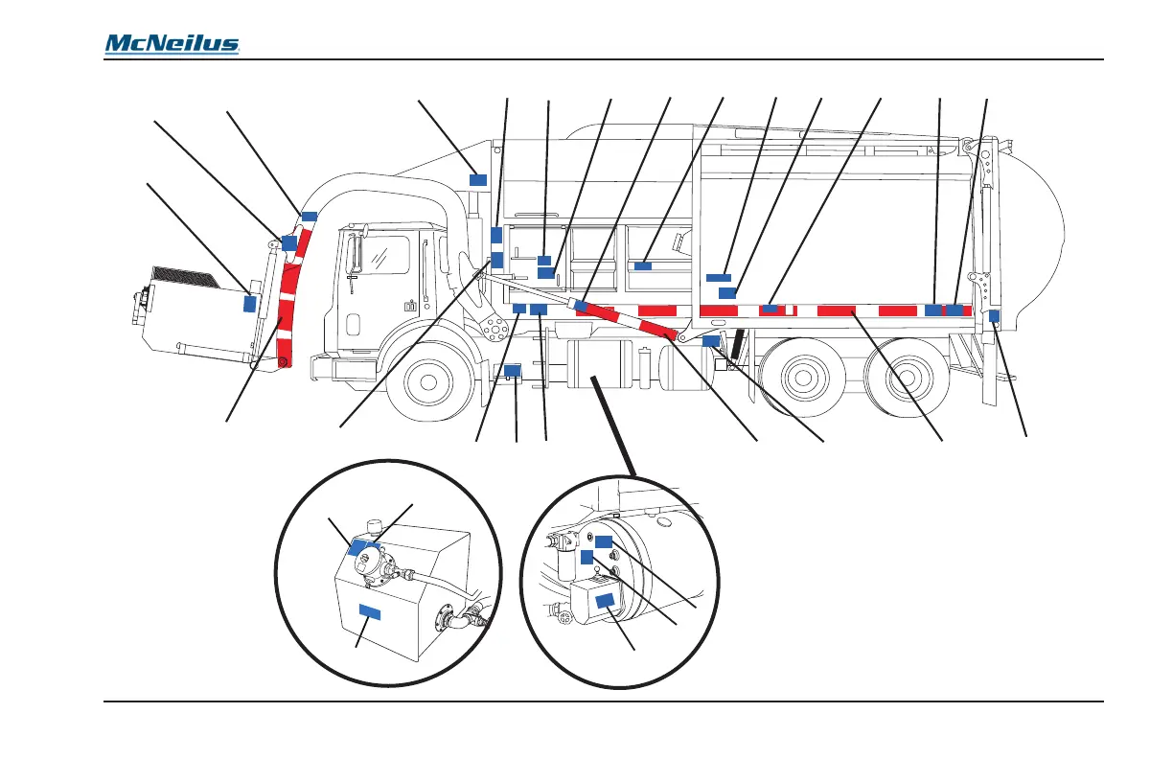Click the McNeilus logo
click(x=172, y=44)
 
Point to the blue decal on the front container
click(x=250, y=303)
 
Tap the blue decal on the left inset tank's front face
click(x=370, y=611)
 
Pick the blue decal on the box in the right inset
click(x=606, y=601)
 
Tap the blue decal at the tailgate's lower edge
click(x=994, y=316)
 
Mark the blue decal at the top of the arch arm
click(x=309, y=216)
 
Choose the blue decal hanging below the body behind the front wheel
click(x=513, y=370)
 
